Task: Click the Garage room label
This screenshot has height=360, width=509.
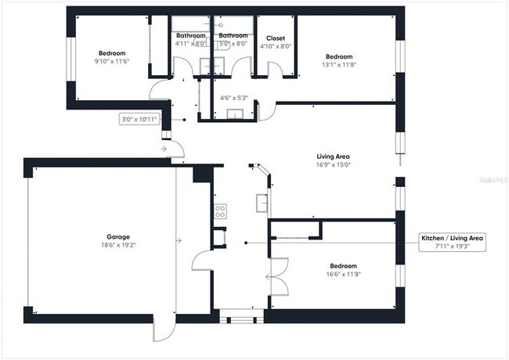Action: tap(118, 236)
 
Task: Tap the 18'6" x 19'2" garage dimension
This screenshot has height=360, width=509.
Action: tap(118, 245)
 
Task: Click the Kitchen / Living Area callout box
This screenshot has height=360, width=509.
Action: tap(453, 242)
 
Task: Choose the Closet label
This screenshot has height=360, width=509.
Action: tap(276, 38)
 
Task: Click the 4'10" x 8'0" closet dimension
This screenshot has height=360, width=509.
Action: tap(276, 46)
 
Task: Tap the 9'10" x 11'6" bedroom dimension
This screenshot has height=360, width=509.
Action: tap(111, 61)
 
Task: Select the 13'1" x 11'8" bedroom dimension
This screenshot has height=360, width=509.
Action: tap(339, 65)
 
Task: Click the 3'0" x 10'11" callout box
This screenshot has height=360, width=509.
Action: tap(139, 120)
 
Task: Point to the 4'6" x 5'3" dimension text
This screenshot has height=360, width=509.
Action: tap(234, 98)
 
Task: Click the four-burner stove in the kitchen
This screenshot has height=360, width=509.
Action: tap(221, 210)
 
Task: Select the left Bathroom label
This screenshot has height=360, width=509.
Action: tap(190, 35)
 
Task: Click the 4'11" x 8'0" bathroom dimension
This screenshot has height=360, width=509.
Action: tap(190, 44)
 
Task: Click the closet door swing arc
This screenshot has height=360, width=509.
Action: tap(274, 70)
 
